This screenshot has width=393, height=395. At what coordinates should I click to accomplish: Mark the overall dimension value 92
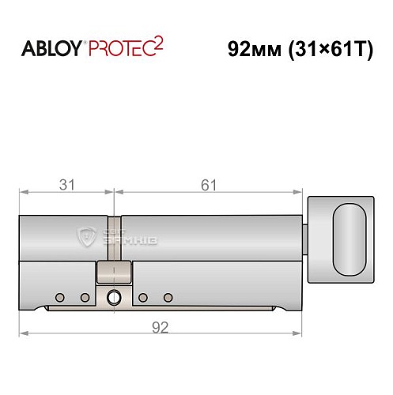coord(161,326)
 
